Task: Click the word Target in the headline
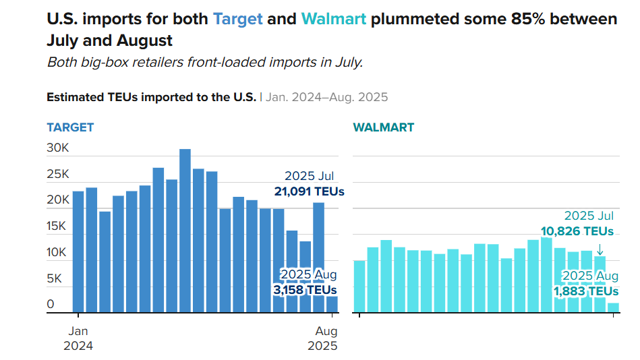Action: tap(237, 19)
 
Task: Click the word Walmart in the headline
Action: tap(334, 19)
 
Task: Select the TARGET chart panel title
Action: tap(70, 127)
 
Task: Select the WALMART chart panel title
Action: tap(384, 127)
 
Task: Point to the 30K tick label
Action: tap(57, 148)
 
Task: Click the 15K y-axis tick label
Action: tap(57, 227)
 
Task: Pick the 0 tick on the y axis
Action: tap(51, 305)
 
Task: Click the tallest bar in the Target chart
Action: tap(185, 231)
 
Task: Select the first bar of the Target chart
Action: tap(78, 251)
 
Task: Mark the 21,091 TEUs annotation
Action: tap(309, 191)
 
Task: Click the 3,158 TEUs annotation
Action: tap(304, 290)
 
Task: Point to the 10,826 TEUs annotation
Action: tap(577, 231)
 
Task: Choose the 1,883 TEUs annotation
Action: tap(585, 291)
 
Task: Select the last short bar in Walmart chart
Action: tap(613, 307)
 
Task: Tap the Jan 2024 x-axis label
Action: tap(78, 338)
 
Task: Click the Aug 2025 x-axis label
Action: tap(322, 338)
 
